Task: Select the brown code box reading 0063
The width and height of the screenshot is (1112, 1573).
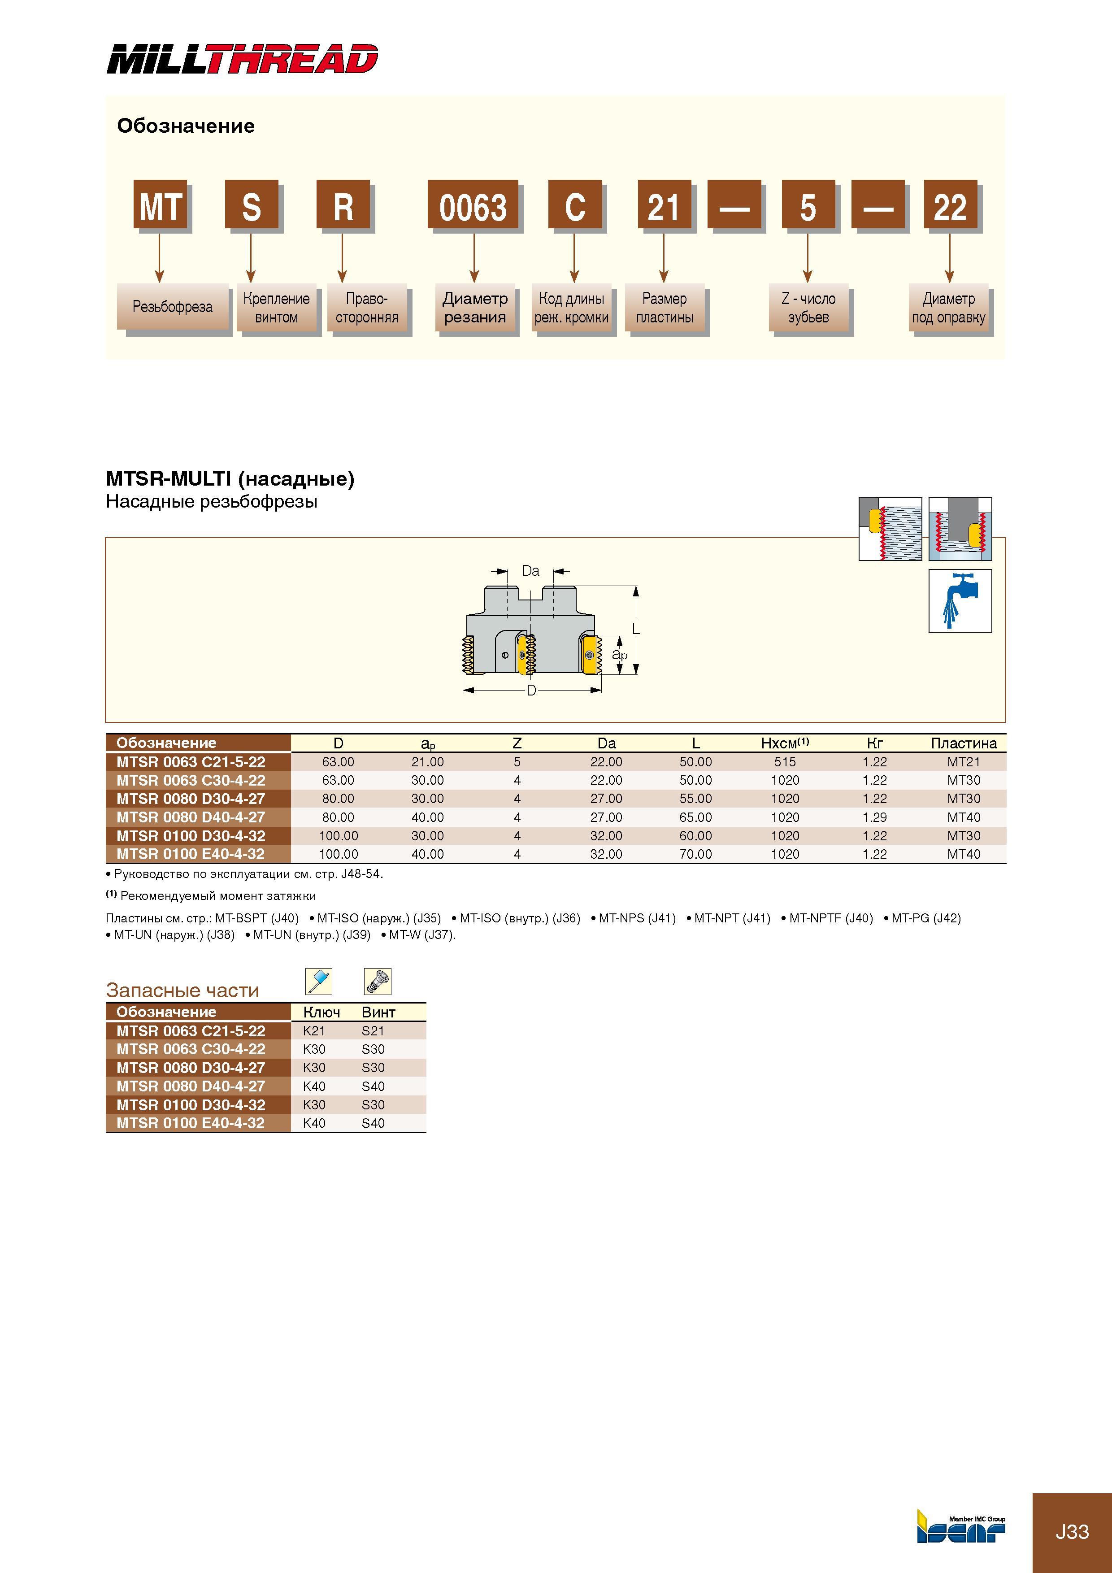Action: [473, 204]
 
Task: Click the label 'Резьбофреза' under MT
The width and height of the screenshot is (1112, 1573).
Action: [172, 306]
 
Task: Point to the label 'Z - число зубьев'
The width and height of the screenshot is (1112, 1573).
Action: [808, 308]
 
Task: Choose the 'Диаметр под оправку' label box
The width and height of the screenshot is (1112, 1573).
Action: [949, 308]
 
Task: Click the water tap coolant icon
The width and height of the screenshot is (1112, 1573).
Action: [960, 601]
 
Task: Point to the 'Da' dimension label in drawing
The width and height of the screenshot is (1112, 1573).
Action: [530, 571]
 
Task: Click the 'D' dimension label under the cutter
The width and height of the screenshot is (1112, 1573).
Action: [531, 691]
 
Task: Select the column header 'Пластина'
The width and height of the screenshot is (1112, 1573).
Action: [963, 743]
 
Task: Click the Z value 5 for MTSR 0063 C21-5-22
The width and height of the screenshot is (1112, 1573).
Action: [517, 762]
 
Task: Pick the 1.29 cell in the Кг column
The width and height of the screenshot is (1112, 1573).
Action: [875, 817]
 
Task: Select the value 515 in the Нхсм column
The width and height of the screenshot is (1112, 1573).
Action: [785, 762]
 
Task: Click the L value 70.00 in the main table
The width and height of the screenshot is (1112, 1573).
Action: [695, 854]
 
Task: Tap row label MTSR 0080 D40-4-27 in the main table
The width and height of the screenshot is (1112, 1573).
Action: [191, 817]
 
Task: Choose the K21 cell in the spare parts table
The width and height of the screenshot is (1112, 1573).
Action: [314, 1031]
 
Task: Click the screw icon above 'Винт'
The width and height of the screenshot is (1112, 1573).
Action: [378, 981]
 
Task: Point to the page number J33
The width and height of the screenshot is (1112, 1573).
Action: [1072, 1532]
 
